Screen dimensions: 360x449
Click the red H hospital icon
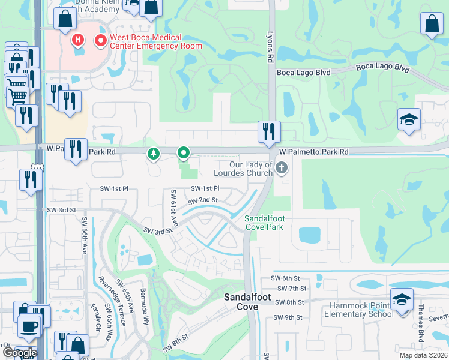point(77,40)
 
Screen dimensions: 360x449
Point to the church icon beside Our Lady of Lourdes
point(283,169)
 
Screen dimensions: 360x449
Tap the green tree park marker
point(154,154)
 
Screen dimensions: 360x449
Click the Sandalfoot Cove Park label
point(264,223)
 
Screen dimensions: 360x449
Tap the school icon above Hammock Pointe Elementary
point(401,298)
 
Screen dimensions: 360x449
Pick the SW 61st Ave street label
point(174,208)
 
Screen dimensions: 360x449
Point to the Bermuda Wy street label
point(146,310)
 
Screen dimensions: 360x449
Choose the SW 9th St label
point(286,317)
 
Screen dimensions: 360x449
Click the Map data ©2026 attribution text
point(423,355)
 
